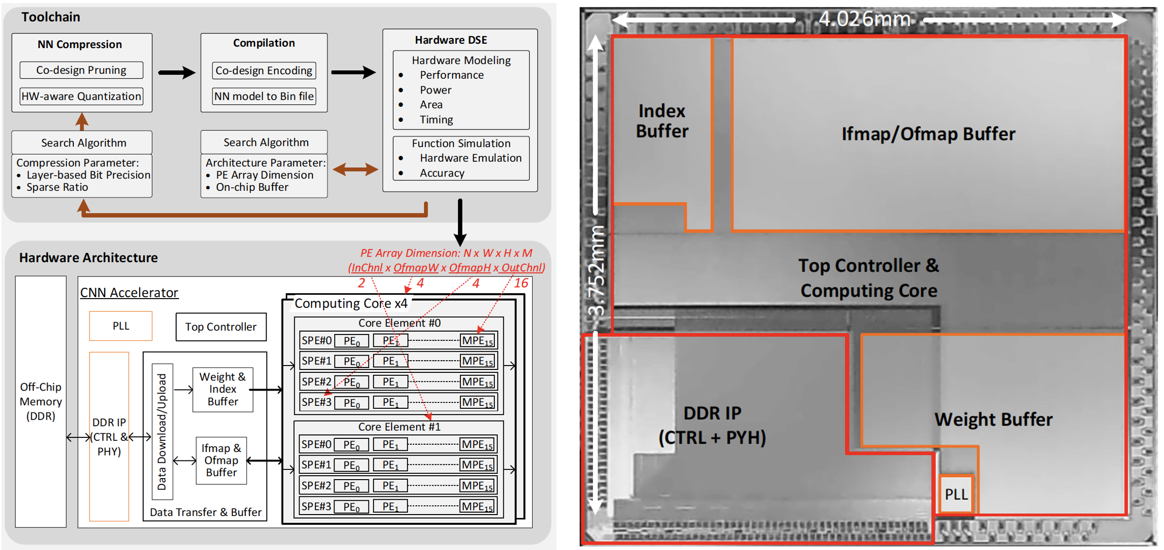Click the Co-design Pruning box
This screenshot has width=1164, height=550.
81,70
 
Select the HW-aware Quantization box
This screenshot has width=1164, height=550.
81,96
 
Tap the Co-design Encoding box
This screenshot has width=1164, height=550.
264,70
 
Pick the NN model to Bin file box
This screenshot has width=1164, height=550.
264,96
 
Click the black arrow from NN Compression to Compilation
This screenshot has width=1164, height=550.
176,72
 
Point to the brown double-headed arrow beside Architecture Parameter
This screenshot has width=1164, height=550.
355,170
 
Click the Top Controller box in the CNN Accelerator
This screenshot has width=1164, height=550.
221,327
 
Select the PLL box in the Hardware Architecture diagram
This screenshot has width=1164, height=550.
121,326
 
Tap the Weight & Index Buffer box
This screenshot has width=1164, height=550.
222,389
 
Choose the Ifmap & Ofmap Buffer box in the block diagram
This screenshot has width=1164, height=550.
221,460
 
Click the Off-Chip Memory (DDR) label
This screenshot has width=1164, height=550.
40,401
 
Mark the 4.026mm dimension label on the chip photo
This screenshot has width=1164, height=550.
864,19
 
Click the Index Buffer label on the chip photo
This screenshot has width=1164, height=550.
662,121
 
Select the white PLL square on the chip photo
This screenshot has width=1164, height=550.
956,494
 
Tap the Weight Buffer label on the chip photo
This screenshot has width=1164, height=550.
993,420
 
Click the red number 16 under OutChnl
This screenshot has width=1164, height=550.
521,283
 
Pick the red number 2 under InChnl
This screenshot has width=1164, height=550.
361,283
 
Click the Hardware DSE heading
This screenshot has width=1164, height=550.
451,40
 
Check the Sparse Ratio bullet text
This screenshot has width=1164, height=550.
57,187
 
